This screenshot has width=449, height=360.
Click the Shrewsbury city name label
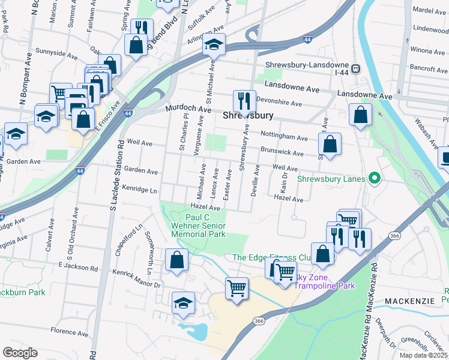(x=248, y=115)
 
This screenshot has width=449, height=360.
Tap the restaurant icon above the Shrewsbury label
(x=244, y=100)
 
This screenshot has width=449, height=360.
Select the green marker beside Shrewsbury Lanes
(x=375, y=178)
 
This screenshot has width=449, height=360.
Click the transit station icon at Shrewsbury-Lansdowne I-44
(x=356, y=68)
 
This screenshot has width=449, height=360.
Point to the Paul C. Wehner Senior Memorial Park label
(x=205, y=226)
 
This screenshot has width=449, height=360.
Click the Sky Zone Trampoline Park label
(x=324, y=281)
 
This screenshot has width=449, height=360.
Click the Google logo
(x=20, y=353)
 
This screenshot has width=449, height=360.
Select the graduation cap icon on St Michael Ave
(x=212, y=46)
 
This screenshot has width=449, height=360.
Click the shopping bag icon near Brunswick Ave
(x=330, y=144)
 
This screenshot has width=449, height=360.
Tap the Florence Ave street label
(x=69, y=331)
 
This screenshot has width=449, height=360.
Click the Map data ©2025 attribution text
(x=423, y=355)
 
